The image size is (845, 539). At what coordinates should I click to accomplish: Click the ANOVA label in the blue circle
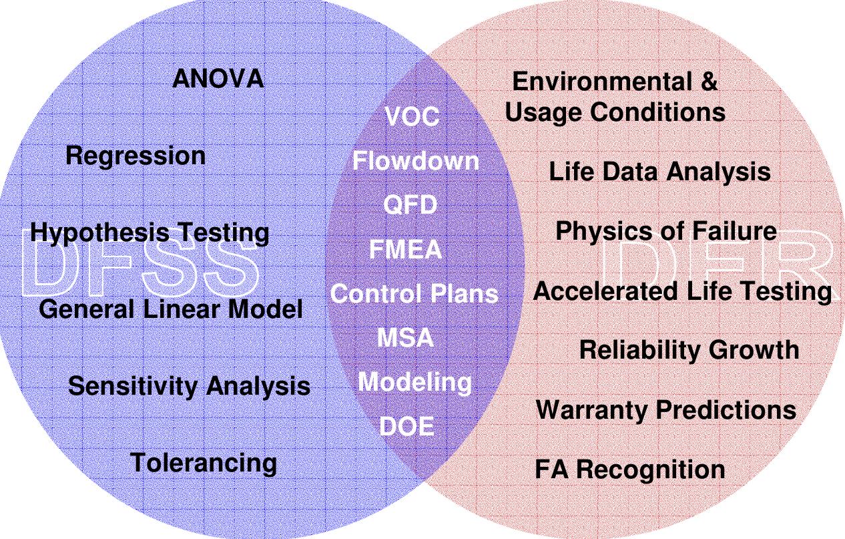(218, 79)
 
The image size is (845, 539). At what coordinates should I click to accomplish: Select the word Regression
(135, 156)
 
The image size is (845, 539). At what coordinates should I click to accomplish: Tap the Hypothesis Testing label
(150, 233)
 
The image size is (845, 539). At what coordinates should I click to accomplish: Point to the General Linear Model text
(170, 309)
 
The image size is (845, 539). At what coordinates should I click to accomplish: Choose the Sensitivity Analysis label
(189, 386)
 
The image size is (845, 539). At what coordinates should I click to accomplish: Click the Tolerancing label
(203, 463)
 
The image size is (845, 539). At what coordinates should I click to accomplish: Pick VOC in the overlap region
(412, 118)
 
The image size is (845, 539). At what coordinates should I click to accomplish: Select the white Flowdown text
(415, 161)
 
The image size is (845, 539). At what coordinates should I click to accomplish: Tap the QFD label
(410, 205)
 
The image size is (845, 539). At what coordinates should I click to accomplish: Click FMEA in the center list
(406, 250)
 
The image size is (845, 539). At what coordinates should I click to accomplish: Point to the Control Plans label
(414, 294)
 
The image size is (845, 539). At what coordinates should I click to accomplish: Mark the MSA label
(405, 338)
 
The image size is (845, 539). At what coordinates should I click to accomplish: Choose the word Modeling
(414, 382)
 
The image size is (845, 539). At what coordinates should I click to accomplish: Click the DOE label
(406, 426)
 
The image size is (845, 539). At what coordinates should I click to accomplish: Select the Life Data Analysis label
(659, 172)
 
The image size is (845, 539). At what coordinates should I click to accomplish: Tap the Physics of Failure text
(665, 232)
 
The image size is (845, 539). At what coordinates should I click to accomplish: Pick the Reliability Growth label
(688, 350)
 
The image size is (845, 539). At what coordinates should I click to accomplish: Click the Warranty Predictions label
(665, 409)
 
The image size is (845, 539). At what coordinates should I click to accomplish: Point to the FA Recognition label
(629, 470)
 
